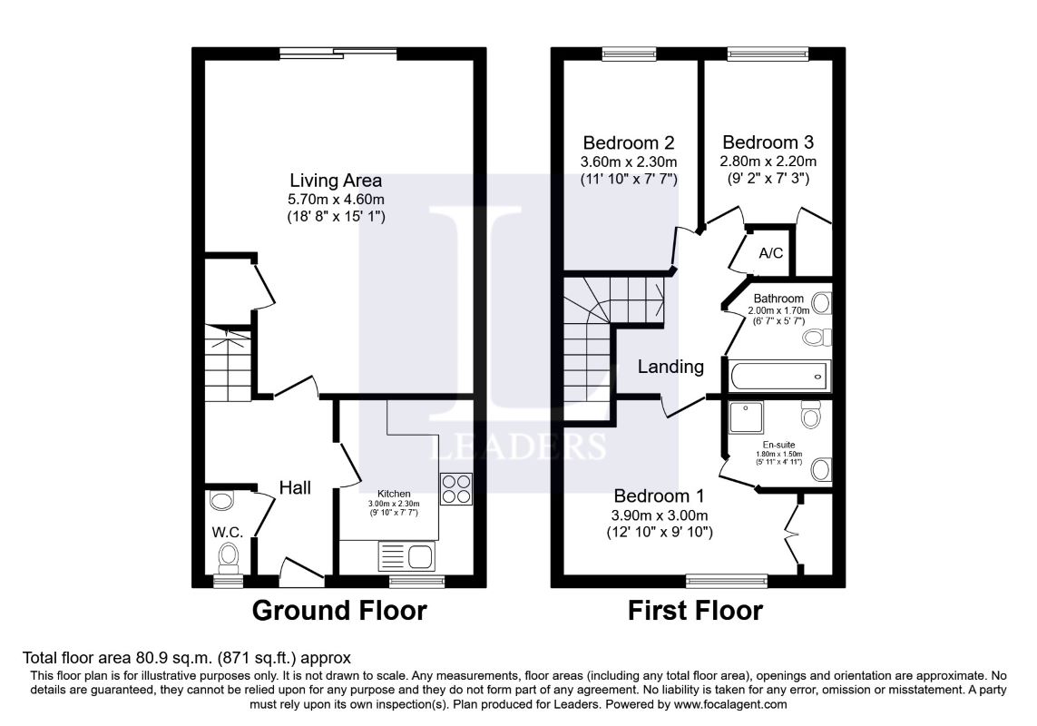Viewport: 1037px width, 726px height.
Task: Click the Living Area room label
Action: tap(336, 180)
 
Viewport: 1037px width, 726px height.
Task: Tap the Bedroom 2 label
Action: tap(629, 142)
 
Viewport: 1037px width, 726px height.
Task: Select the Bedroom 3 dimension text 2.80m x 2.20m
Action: tap(768, 161)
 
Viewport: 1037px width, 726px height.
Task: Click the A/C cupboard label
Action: tap(770, 253)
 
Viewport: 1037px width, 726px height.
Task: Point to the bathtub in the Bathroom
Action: tap(779, 376)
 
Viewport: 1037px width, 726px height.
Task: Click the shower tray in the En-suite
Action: tap(746, 417)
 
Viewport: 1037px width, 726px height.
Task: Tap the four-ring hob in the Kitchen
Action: tap(455, 489)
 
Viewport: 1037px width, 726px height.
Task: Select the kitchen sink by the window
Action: tap(406, 556)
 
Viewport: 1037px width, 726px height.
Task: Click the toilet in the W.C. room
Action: tap(229, 558)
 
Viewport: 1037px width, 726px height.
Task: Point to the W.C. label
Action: tap(228, 532)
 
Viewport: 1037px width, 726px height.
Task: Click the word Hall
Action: tap(295, 487)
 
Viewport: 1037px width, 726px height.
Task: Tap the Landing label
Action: tap(670, 366)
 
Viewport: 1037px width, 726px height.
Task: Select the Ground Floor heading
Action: tap(339, 610)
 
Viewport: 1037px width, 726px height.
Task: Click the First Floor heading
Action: tap(695, 610)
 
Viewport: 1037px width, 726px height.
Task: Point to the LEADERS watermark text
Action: tap(518, 446)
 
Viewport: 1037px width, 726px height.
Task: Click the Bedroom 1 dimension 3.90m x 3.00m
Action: tap(660, 515)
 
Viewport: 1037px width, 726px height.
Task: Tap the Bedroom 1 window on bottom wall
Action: tap(727, 581)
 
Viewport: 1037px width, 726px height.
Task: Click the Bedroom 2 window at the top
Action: tap(629, 54)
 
